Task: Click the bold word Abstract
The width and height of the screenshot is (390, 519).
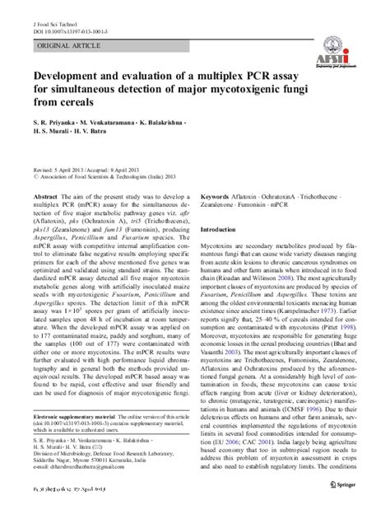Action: point(44,197)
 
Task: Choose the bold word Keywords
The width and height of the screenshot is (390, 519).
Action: point(218,197)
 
